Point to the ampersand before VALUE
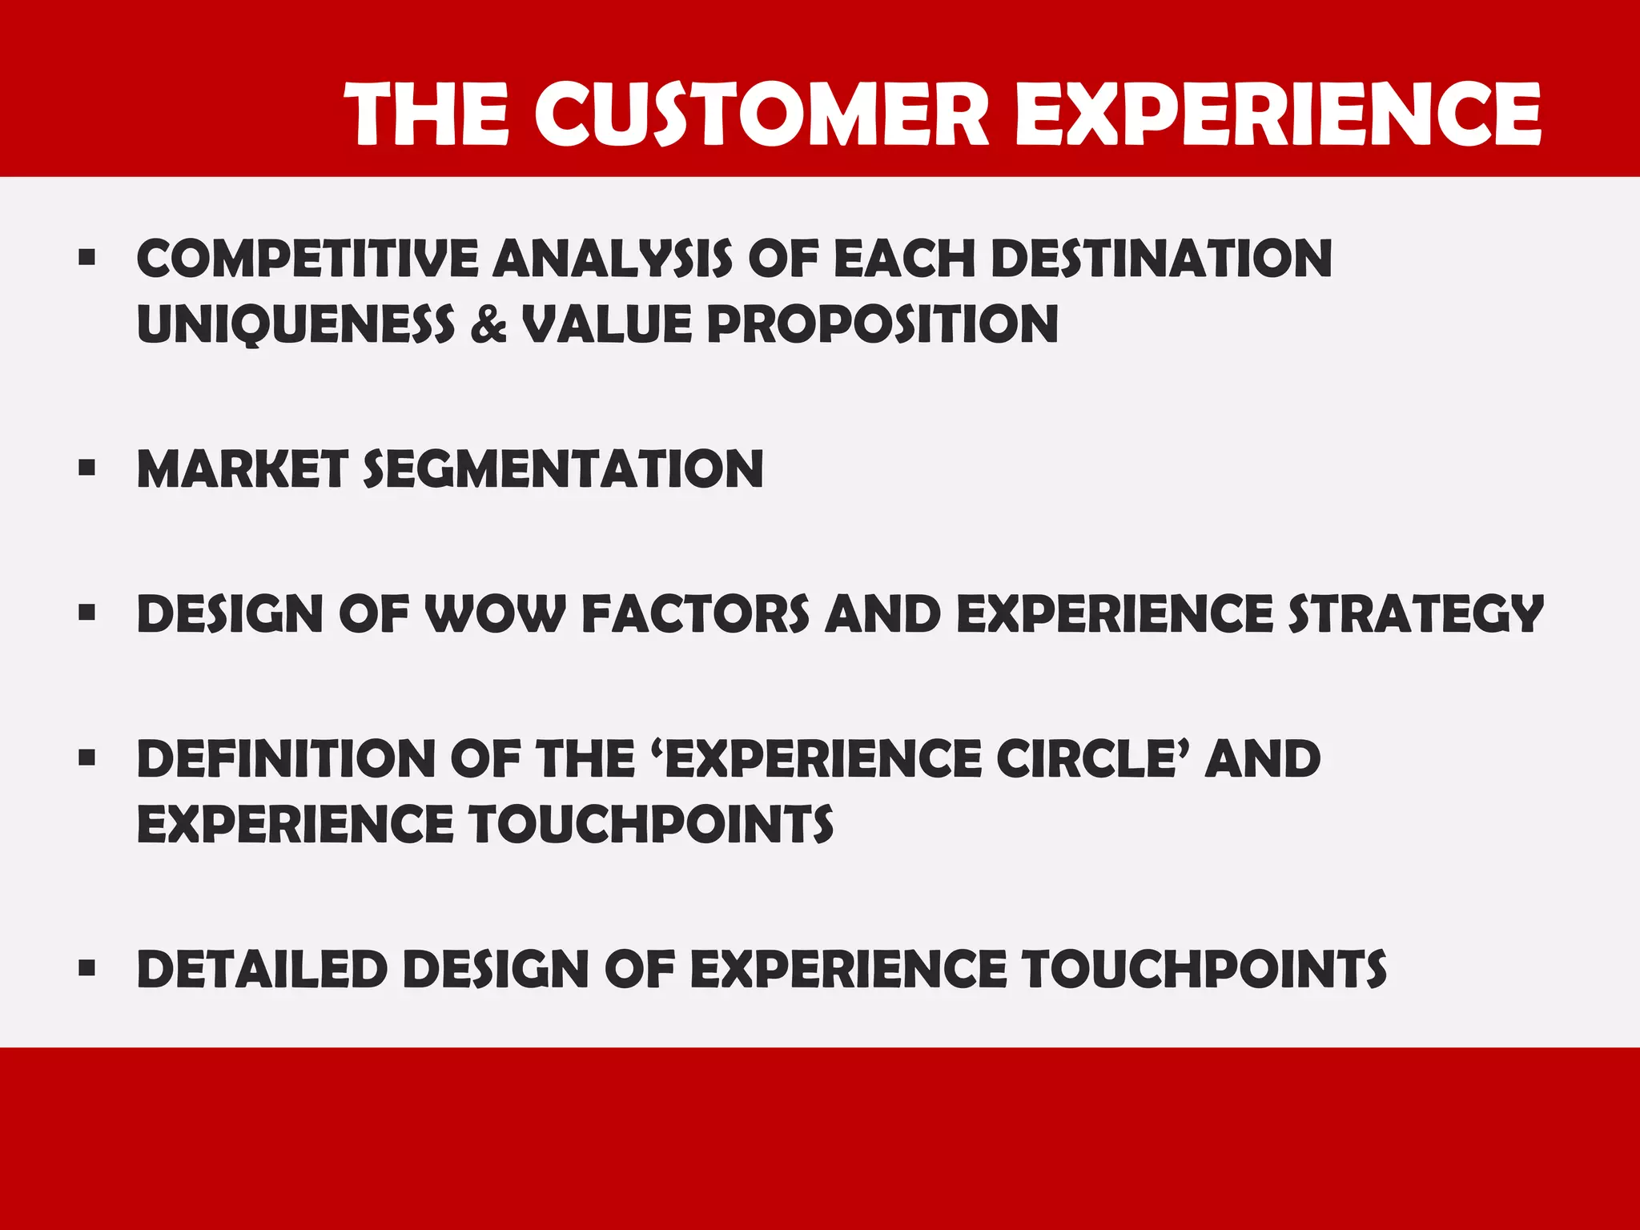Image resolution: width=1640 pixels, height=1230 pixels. pyautogui.click(x=488, y=324)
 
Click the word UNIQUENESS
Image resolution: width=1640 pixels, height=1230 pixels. pyautogui.click(x=295, y=324)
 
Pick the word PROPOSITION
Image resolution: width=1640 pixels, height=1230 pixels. pyautogui.click(x=882, y=324)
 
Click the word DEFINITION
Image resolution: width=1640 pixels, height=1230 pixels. pyautogui.click(x=285, y=758)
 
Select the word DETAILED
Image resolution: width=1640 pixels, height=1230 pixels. pyautogui.click(x=262, y=969)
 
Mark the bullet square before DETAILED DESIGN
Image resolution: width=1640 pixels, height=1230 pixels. pyautogui.click(x=87, y=968)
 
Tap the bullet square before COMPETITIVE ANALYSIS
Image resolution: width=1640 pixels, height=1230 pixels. pyautogui.click(x=87, y=258)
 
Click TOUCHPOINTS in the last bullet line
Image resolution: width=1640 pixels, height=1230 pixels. pyautogui.click(x=1204, y=969)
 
